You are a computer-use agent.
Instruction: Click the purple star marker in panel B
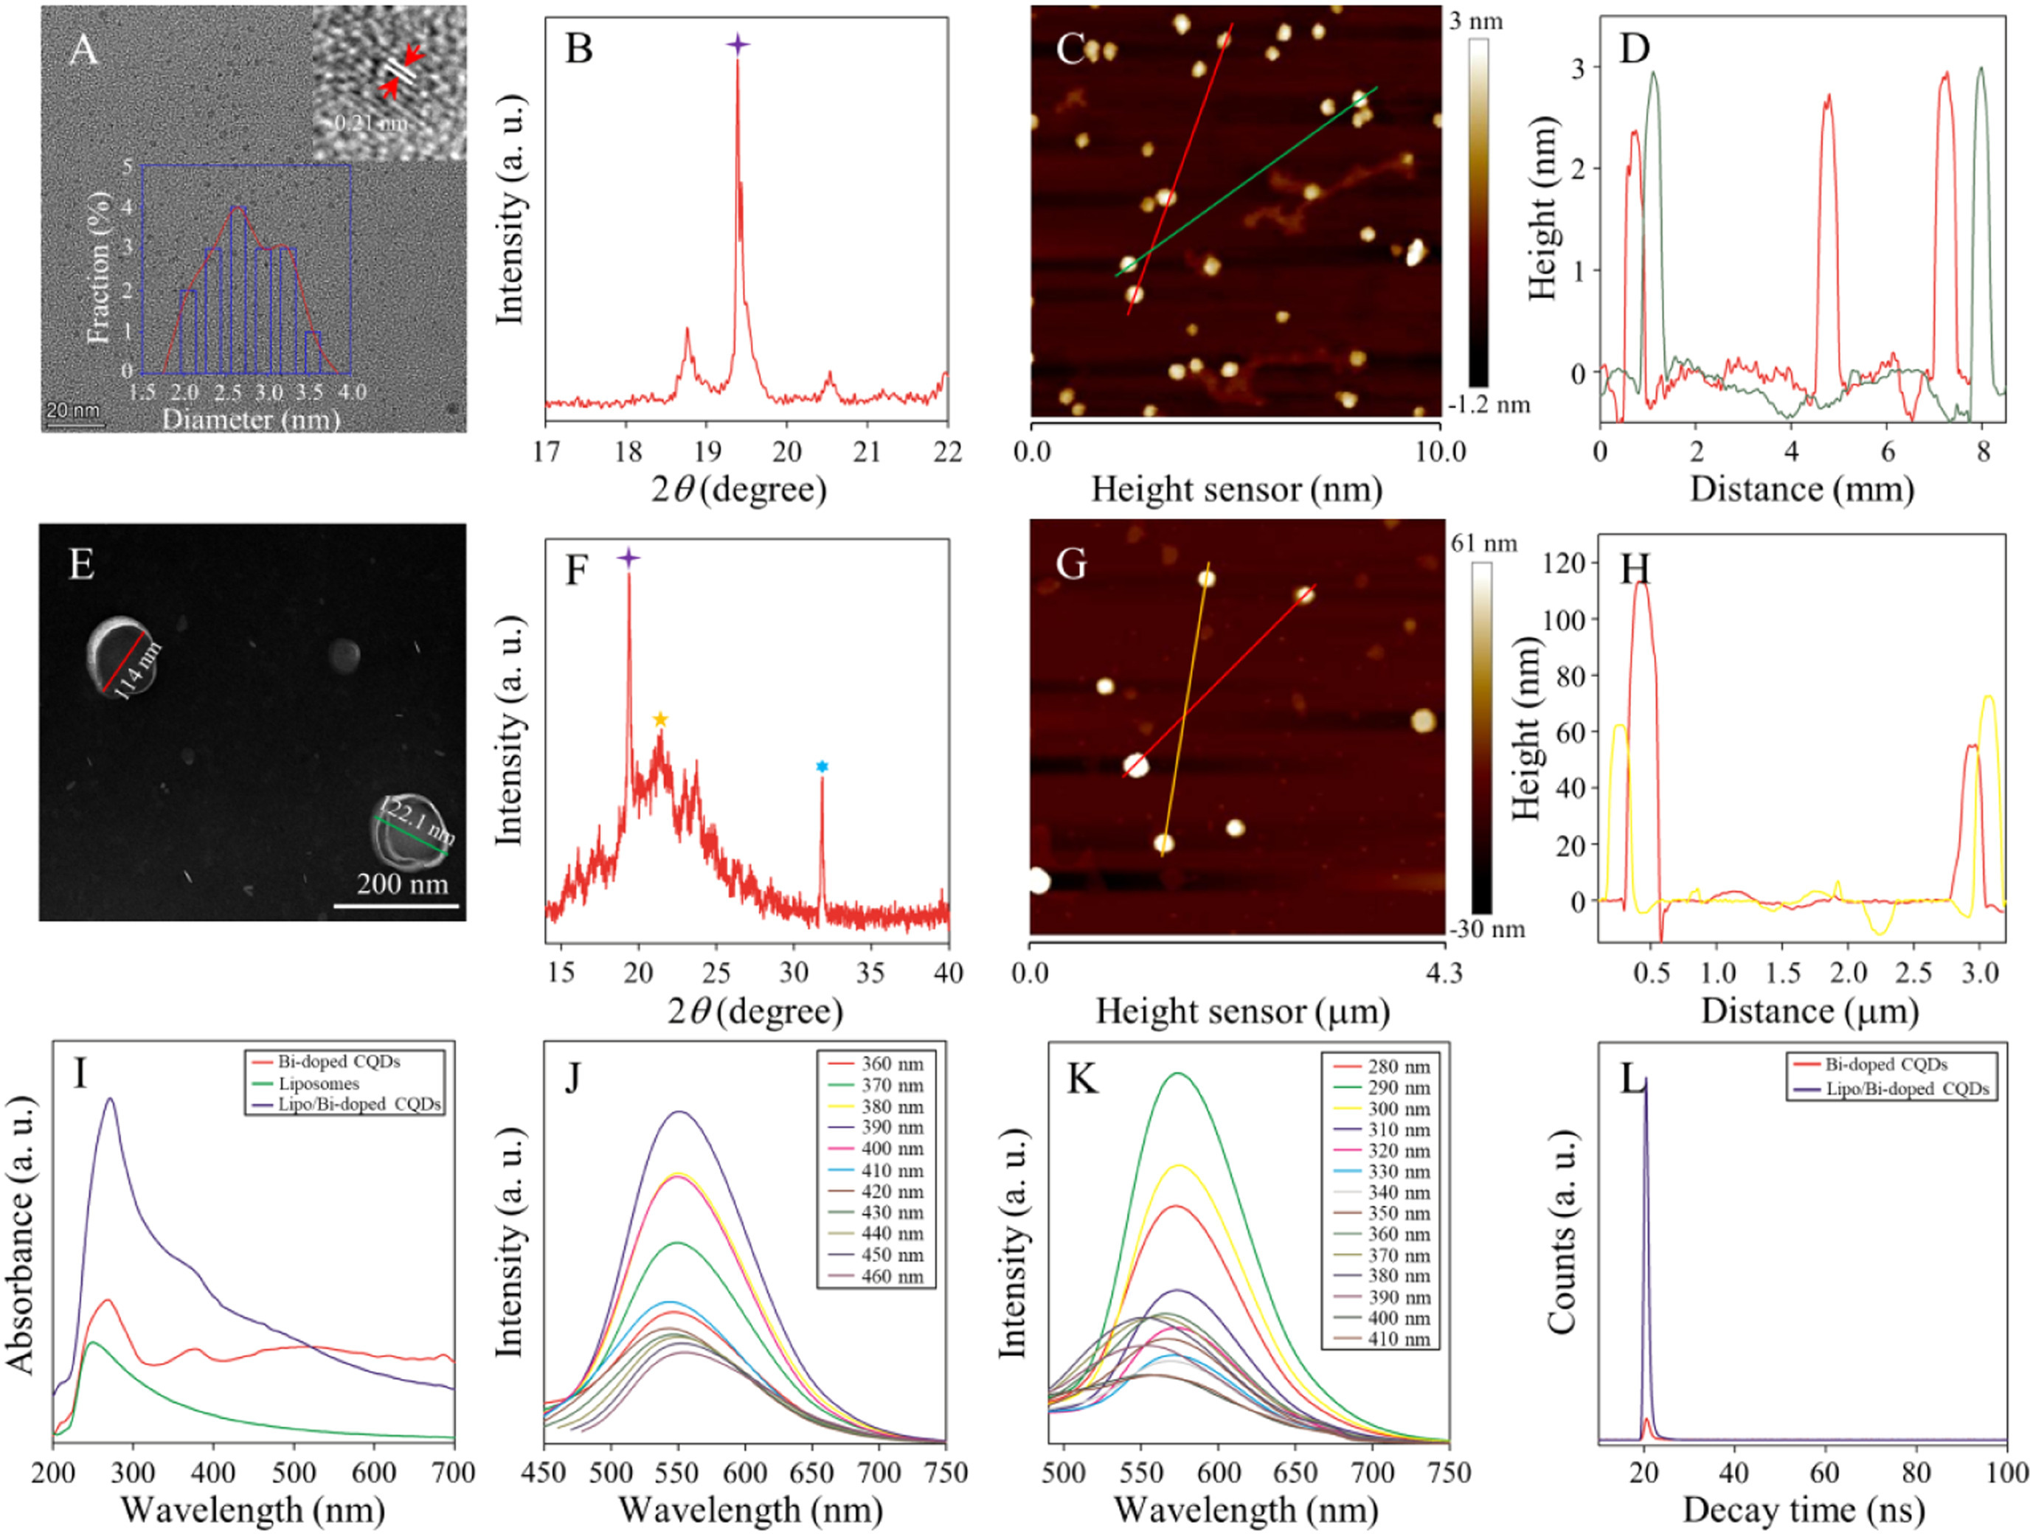click(737, 44)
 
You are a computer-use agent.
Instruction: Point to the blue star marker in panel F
click(822, 766)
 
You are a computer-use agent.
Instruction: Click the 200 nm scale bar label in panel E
click(403, 884)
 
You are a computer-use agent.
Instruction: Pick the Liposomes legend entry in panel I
click(318, 1083)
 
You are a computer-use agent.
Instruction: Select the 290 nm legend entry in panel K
click(1398, 1087)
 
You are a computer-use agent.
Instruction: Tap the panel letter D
click(1634, 48)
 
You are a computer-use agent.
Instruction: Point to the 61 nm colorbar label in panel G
click(1483, 544)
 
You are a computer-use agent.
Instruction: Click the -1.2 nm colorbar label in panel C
click(1489, 404)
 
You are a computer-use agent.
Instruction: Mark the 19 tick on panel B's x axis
click(707, 451)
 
